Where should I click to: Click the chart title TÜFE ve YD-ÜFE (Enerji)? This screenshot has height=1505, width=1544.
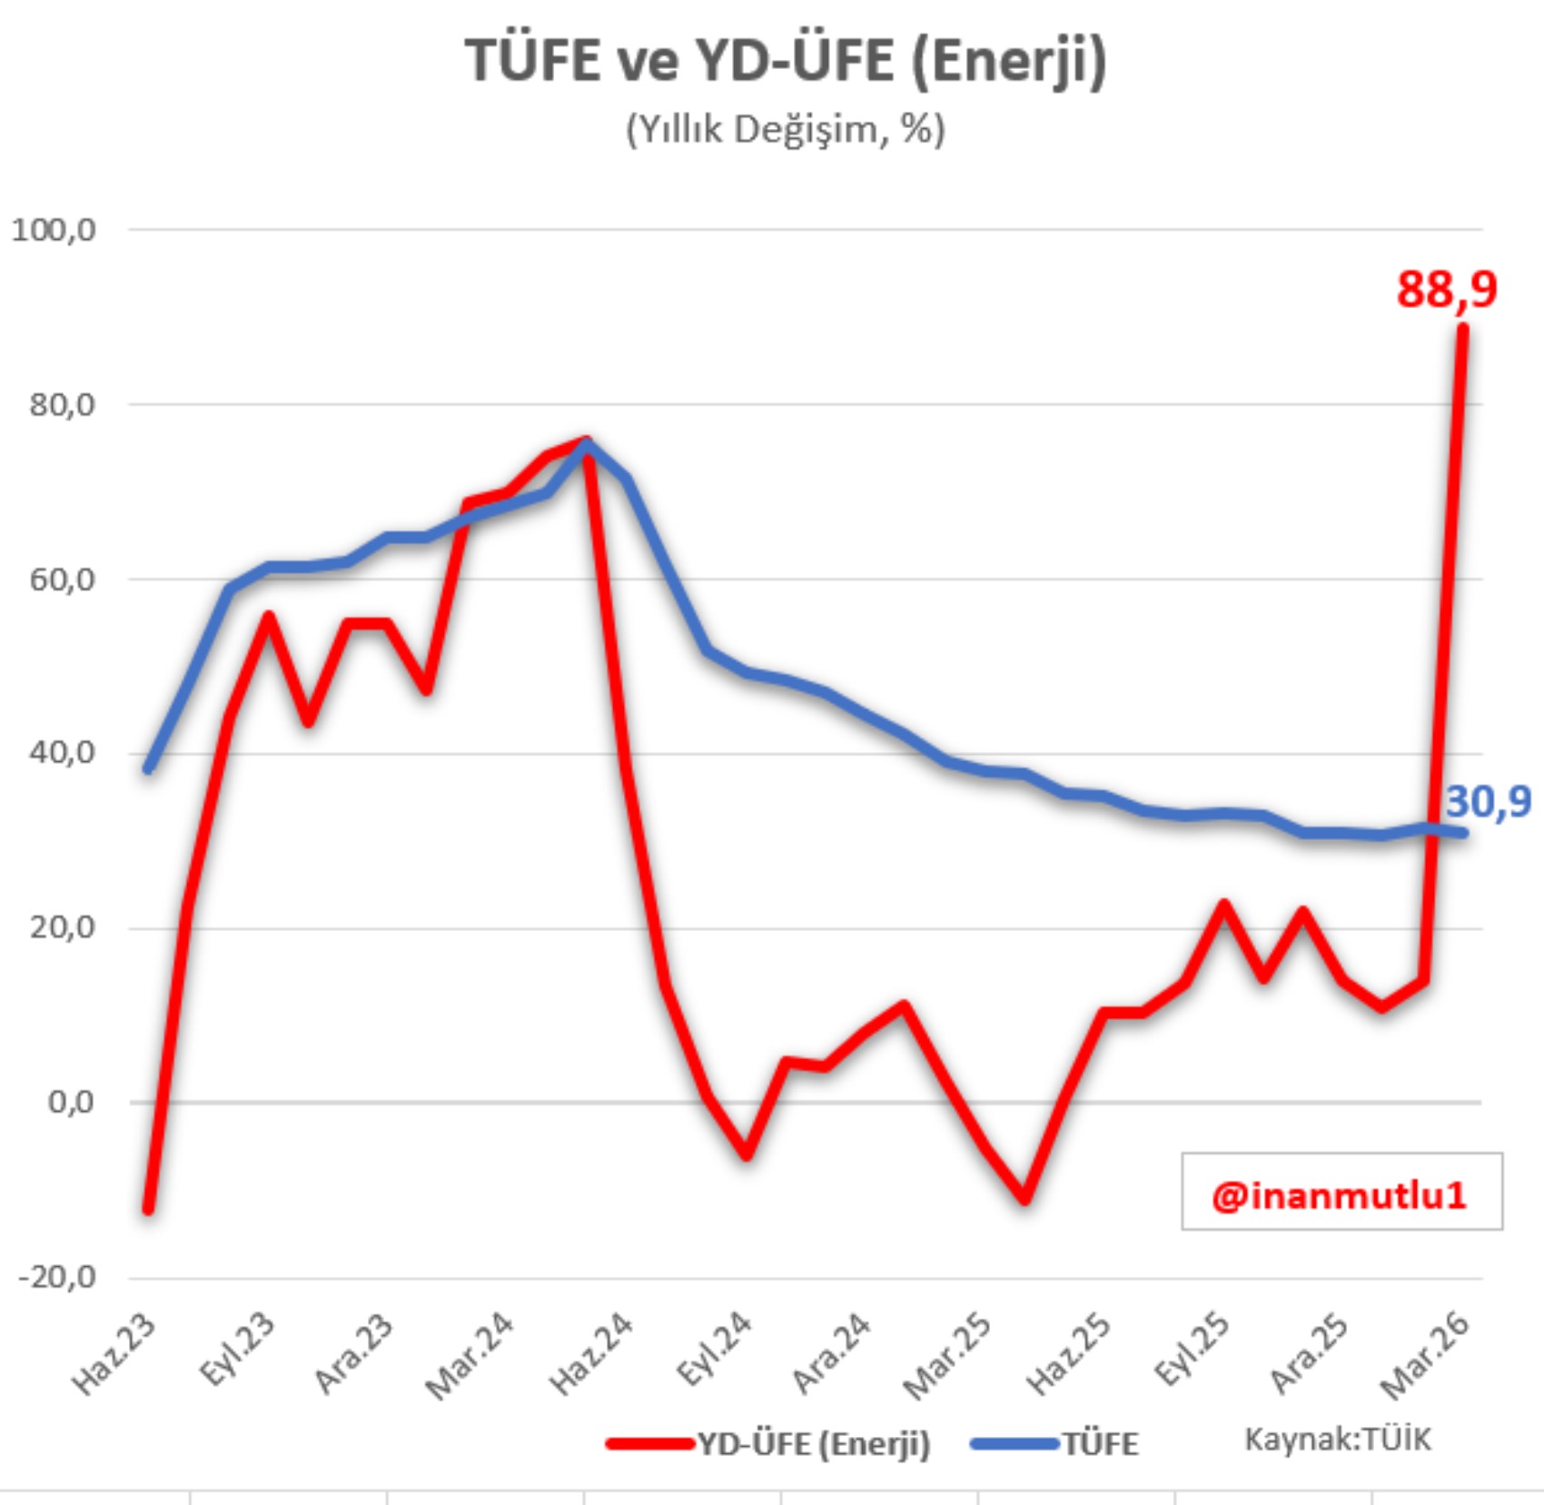pyautogui.click(x=786, y=62)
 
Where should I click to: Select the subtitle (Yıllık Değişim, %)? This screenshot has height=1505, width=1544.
pyautogui.click(x=786, y=130)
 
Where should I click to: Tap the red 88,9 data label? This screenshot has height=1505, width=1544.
pyautogui.click(x=1446, y=290)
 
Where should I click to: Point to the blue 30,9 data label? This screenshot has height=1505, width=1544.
pyautogui.click(x=1488, y=802)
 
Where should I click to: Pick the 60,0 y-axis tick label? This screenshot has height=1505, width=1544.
pyautogui.click(x=62, y=579)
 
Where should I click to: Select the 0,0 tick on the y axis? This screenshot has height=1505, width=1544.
pyautogui.click(x=71, y=1103)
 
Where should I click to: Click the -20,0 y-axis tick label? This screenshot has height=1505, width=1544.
pyautogui.click(x=57, y=1277)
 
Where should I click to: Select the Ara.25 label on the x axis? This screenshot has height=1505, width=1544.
pyautogui.click(x=1309, y=1352)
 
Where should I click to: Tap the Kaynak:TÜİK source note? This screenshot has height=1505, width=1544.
pyautogui.click(x=1337, y=1440)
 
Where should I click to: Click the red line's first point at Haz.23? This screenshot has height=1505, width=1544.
pyautogui.click(x=148, y=1209)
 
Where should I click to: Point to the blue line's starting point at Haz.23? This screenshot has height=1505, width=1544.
pyautogui.click(x=148, y=768)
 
